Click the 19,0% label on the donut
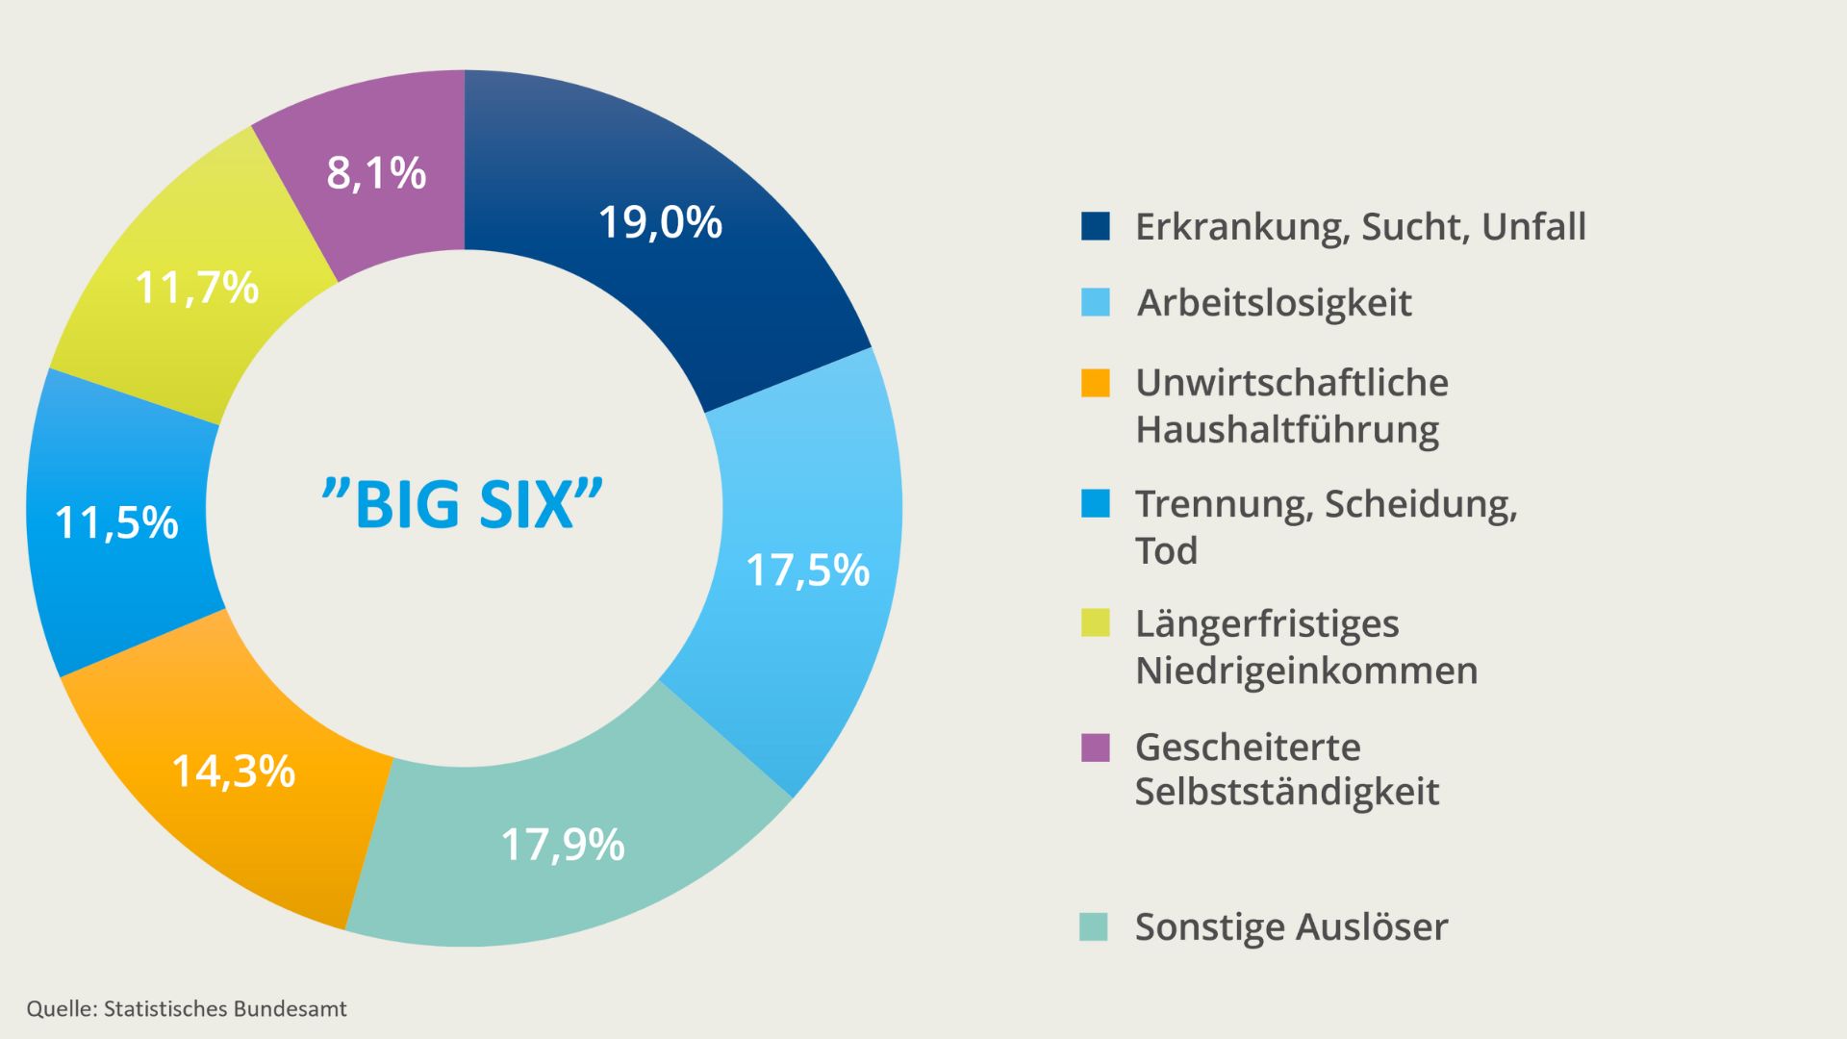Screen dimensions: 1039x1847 (660, 222)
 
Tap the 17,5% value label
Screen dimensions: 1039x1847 (807, 570)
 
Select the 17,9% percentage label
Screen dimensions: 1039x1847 (563, 845)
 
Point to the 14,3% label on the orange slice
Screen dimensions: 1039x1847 (233, 771)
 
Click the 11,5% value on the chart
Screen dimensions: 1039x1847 (116, 522)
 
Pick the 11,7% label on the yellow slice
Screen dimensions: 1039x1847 (197, 287)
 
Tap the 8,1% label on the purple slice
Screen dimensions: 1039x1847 (376, 173)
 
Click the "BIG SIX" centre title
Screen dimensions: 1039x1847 (463, 503)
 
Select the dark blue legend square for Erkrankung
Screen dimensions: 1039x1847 (1095, 226)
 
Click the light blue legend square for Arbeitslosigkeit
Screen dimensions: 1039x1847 (1095, 302)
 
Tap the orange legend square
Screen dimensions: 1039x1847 (1095, 383)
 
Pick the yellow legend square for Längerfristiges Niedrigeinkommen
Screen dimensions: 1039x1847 (1095, 623)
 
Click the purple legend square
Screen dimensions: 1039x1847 (1095, 748)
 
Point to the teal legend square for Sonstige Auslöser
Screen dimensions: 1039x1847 (1094, 926)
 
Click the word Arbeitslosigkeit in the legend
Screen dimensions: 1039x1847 (1275, 303)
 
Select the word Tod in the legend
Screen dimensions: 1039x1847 (1166, 551)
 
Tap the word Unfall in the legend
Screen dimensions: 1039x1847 (1533, 227)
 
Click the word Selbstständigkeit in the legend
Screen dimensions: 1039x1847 (1287, 792)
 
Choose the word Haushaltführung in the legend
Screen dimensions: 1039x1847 (1287, 429)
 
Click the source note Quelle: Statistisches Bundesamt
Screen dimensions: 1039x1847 (187, 1008)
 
